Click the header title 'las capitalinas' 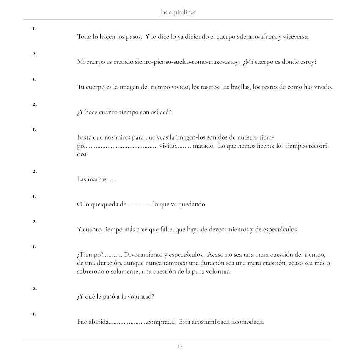pyautogui.click(x=178, y=13)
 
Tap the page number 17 pyautogui.click(x=180, y=347)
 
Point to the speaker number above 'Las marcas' pyautogui.click(x=34, y=171)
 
